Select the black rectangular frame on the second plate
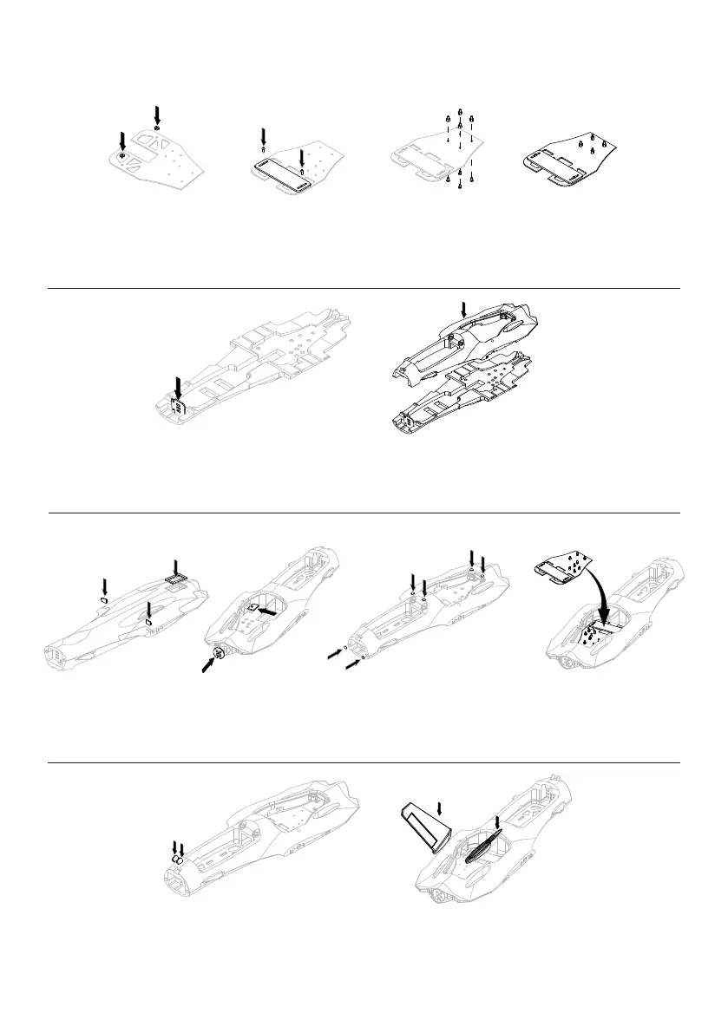(x=277, y=165)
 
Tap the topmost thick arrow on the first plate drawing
(x=157, y=113)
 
